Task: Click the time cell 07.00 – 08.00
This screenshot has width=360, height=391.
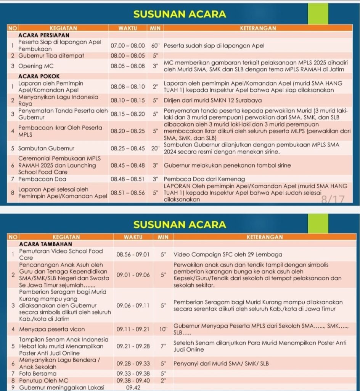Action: [x=128, y=45]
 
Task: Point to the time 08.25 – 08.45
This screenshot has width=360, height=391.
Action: [x=128, y=148]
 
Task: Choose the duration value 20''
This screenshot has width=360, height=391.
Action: [x=155, y=148]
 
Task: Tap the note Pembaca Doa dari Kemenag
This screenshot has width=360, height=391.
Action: [x=204, y=179]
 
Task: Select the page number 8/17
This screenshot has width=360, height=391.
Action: [x=333, y=199]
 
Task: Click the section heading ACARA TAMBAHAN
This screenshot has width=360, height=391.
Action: [x=45, y=244]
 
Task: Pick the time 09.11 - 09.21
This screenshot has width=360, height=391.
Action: [x=133, y=329]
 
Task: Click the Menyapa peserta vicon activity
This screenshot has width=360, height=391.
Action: [x=52, y=329]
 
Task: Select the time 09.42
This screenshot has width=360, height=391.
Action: [x=133, y=388]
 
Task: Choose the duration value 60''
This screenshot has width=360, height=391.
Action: [x=155, y=45]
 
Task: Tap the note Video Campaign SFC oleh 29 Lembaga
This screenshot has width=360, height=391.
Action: [x=228, y=255]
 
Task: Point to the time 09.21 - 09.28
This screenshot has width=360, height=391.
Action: [x=133, y=346]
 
